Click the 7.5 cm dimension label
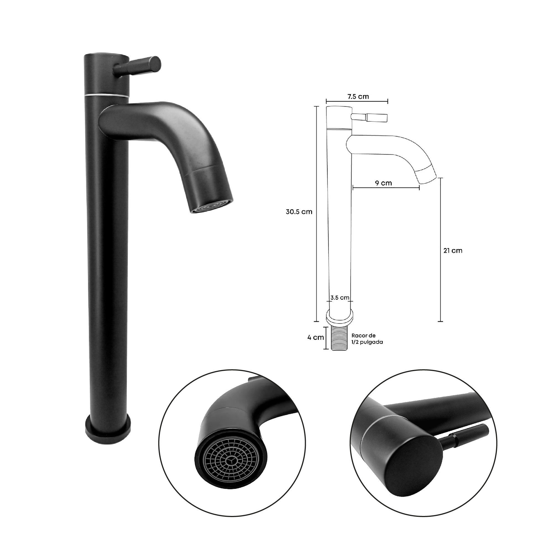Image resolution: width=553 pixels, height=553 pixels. tap(358, 96)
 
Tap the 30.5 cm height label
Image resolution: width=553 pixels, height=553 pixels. tap(299, 212)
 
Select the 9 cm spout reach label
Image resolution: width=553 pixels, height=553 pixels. tap(383, 183)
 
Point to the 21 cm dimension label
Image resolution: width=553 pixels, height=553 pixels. tap(453, 251)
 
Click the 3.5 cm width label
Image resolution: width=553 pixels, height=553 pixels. tap(340, 298)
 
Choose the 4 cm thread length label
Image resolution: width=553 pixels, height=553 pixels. tap(315, 337)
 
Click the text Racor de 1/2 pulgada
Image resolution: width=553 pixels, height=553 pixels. tap(367, 339)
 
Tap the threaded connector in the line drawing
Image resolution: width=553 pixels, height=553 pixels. tap(339, 339)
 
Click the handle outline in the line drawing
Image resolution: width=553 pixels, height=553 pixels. tap(369, 117)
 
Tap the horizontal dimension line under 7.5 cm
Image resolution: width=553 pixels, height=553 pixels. tap(357, 101)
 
